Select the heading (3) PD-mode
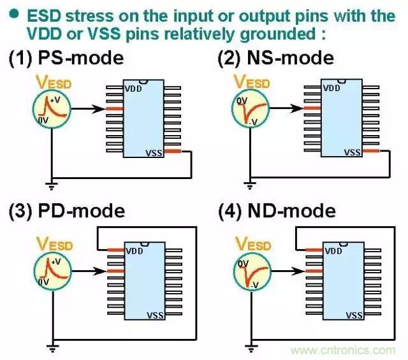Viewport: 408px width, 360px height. pyautogui.click(x=67, y=210)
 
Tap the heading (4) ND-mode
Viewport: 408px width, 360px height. pyautogui.click(x=277, y=210)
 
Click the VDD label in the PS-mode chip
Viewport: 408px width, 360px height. pyautogui.click(x=133, y=88)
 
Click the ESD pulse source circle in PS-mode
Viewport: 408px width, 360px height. pyautogui.click(x=51, y=109)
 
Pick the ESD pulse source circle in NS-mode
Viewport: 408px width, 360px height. pyautogui.click(x=249, y=109)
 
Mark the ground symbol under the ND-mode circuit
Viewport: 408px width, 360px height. pyautogui.click(x=249, y=348)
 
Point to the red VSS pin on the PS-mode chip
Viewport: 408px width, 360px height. pyautogui.click(x=174, y=151)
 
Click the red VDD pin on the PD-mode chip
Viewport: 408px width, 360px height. pyautogui.click(x=115, y=250)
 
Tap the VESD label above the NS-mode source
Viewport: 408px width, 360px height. pyautogui.click(x=252, y=82)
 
